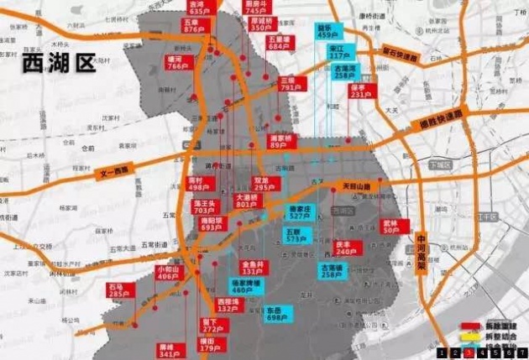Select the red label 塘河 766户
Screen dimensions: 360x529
[175, 62]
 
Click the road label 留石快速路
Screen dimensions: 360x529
[401, 55]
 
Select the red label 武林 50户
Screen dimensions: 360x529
[394, 227]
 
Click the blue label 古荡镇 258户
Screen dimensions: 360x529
[333, 269]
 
